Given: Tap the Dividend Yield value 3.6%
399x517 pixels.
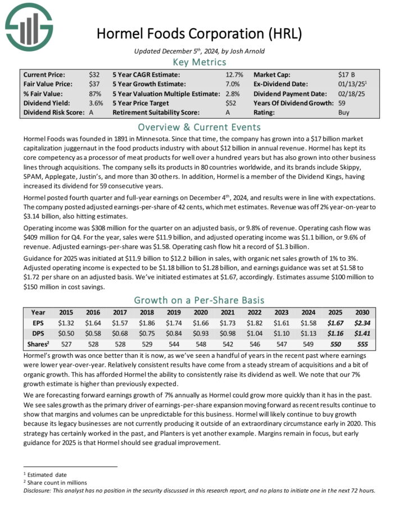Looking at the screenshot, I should coord(96,103).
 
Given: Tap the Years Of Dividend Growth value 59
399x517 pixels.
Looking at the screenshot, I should coord(342,103).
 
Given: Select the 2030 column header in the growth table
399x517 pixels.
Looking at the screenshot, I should coord(360,312).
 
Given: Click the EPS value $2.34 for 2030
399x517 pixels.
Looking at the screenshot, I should coord(360,323).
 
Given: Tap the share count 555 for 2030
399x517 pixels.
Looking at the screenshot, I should coord(360,344).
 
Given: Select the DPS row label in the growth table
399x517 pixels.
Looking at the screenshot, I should coord(38,334).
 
